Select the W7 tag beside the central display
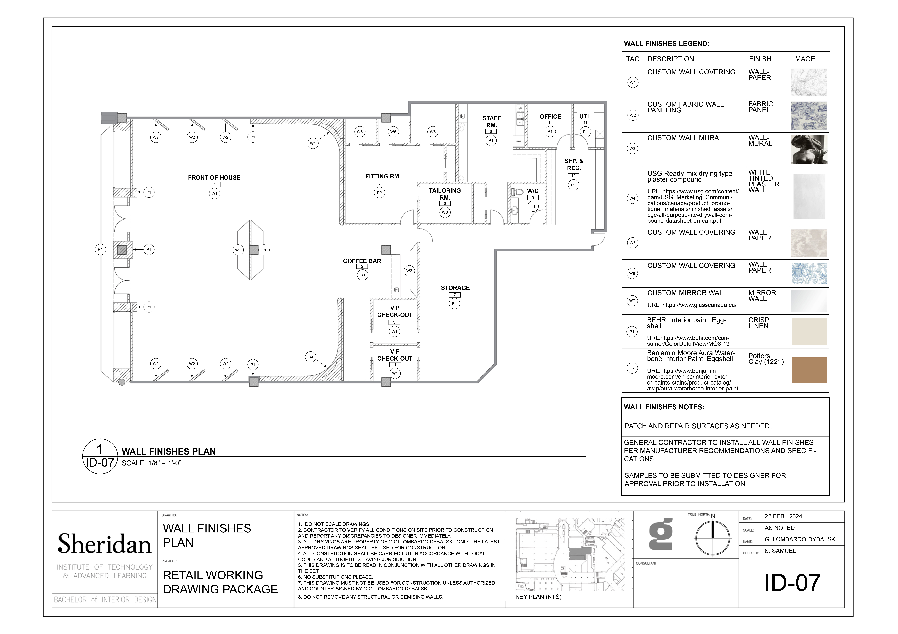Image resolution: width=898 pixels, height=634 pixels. click(x=238, y=250)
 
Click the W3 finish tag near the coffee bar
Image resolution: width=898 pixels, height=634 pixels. click(x=409, y=271)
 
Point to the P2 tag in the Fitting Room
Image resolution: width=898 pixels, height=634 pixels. click(x=379, y=193)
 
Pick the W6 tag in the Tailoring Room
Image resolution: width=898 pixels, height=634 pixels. click(x=445, y=212)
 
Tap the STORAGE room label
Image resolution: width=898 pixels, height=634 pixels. click(x=455, y=288)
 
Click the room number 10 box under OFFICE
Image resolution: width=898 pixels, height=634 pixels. click(x=550, y=122)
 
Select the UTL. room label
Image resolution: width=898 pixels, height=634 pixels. click(x=586, y=117)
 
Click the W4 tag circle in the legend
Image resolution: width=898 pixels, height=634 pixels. click(x=632, y=198)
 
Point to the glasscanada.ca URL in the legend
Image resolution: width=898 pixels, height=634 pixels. click(x=692, y=305)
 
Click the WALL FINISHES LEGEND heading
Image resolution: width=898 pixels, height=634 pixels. click(x=667, y=43)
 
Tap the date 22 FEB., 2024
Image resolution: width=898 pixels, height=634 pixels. click(x=783, y=516)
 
